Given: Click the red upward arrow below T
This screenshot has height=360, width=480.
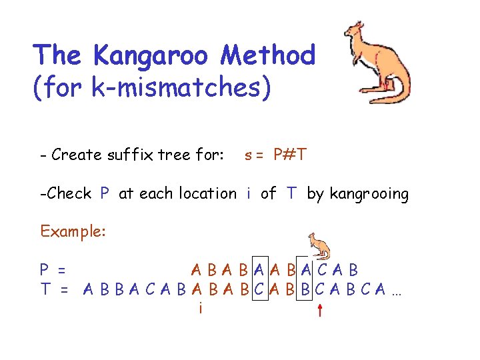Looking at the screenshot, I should [320, 310].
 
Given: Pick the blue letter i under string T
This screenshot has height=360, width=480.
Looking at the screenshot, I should [199, 307].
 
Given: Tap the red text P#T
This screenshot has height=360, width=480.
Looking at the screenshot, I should [290, 155].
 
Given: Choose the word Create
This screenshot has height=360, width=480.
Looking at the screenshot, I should [73, 155].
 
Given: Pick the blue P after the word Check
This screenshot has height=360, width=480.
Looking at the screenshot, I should [105, 194].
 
